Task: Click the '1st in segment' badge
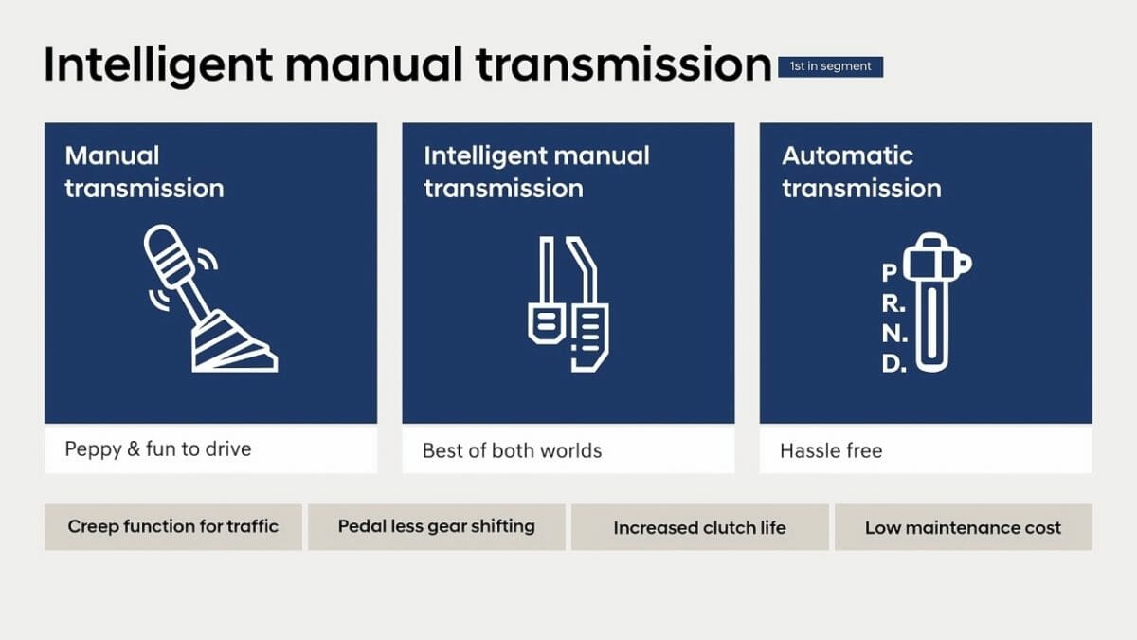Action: click(830, 66)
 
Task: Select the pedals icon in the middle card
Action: click(568, 303)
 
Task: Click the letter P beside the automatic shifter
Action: click(890, 272)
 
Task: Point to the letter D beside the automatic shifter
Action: click(893, 363)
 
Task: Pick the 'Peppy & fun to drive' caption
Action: click(158, 449)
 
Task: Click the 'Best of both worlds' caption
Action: click(512, 450)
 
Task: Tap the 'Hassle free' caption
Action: click(831, 450)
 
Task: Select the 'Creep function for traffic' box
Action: click(173, 527)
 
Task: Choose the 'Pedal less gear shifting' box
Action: click(437, 527)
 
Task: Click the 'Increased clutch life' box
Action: click(700, 527)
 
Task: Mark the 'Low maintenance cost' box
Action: click(964, 527)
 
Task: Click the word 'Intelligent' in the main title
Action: click(158, 66)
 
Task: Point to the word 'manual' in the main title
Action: click(374, 65)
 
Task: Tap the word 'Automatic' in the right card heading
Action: click(847, 155)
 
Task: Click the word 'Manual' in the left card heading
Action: click(112, 155)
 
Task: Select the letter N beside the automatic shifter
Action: click(893, 334)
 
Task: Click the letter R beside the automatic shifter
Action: click(893, 303)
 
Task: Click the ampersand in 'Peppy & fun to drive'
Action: click(134, 449)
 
